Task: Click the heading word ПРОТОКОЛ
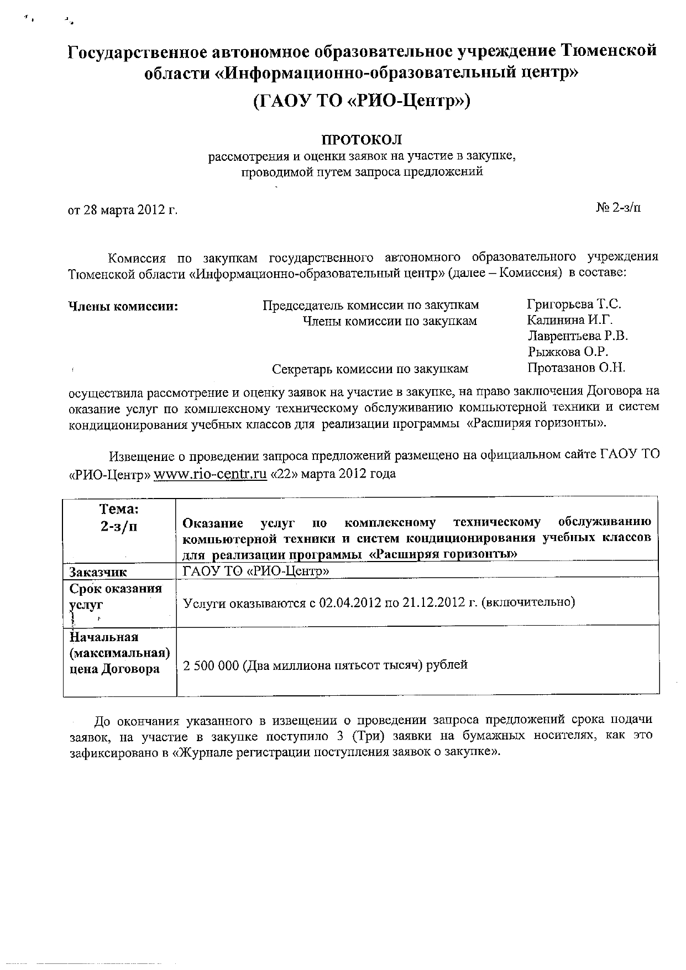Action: (362, 140)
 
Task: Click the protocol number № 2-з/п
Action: (619, 208)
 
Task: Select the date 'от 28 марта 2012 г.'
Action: (123, 210)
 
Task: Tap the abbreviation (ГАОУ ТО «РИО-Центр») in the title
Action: (362, 101)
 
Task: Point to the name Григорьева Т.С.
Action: (574, 304)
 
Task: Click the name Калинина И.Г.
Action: (570, 319)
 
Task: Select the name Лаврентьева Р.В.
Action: (578, 335)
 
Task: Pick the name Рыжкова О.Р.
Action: (568, 352)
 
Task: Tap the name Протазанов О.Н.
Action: (577, 367)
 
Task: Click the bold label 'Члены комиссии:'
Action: (123, 306)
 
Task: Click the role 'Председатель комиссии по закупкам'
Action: (370, 305)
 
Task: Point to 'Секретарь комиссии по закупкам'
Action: (370, 369)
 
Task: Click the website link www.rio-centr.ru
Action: (210, 474)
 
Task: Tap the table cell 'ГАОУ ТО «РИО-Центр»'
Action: (256, 571)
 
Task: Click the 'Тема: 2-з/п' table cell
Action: (119, 517)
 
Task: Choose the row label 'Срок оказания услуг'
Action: (115, 596)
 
